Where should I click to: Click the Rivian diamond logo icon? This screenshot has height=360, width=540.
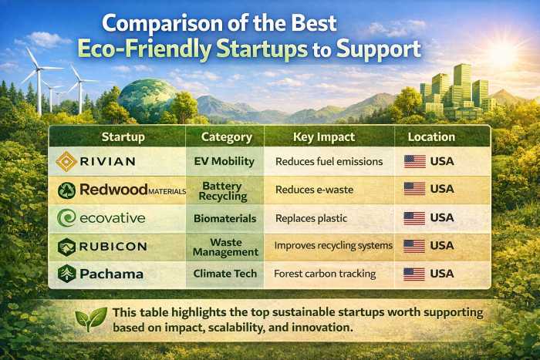66,161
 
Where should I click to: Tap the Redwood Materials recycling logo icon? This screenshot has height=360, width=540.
66,190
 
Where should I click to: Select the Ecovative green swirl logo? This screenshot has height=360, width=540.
66,218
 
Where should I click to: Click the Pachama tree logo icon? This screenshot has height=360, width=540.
66,274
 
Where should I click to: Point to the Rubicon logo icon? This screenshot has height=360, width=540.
66,246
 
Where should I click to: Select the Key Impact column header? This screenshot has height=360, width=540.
324,137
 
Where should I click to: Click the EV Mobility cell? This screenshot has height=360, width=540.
226,161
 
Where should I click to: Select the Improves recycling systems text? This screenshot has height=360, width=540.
333,246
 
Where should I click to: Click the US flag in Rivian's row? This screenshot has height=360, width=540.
414,161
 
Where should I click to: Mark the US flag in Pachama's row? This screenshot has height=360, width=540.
414,274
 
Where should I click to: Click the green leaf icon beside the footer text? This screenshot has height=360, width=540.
92,319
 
